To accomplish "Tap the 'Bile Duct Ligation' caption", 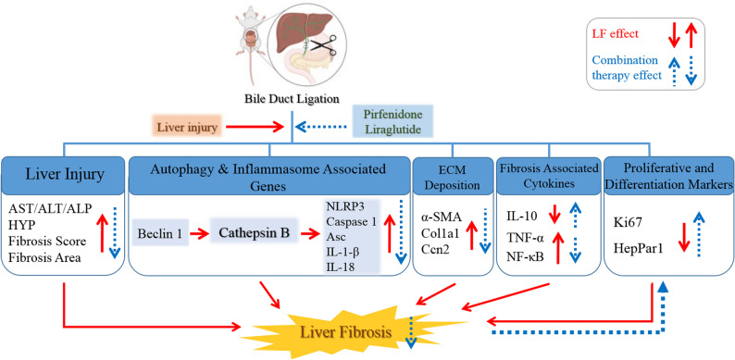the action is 292,98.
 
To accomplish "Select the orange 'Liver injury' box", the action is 188,128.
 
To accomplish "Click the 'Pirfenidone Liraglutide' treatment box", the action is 392,122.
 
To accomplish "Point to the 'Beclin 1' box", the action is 160,232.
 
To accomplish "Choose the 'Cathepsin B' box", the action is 255,231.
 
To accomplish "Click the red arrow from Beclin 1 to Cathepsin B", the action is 200,232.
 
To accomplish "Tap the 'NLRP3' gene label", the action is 341,205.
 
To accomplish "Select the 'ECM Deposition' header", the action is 453,178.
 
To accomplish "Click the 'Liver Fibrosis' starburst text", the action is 345,333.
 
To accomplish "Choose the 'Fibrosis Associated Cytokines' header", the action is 548,176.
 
